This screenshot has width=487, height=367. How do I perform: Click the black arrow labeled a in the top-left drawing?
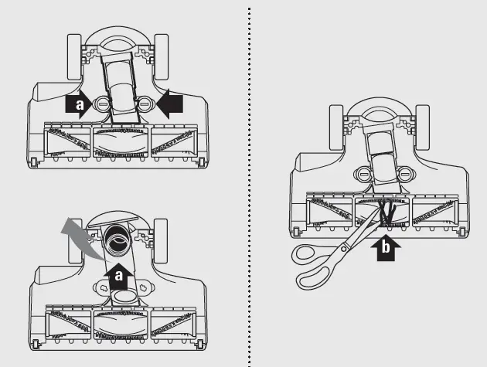tap(79, 104)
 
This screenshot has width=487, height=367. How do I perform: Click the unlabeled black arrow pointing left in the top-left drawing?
tap(169, 104)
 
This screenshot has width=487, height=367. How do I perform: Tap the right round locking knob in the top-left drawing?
tap(144, 104)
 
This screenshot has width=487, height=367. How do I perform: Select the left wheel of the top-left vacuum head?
tap(74, 57)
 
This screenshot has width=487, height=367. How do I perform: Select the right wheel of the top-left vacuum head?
tap(162, 57)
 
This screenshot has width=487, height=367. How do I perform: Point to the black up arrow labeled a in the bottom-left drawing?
tap(118, 276)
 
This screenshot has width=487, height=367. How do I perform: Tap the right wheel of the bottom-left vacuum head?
tap(161, 240)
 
